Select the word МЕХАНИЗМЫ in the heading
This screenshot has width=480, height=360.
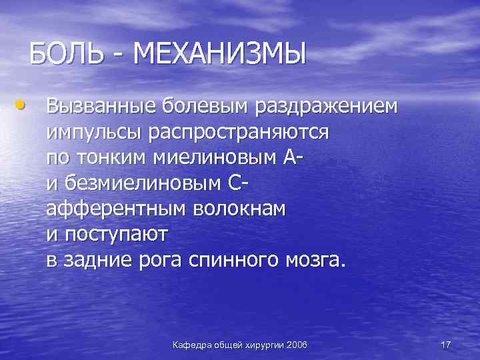point(220,53)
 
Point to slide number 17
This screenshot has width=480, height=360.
point(446,345)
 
